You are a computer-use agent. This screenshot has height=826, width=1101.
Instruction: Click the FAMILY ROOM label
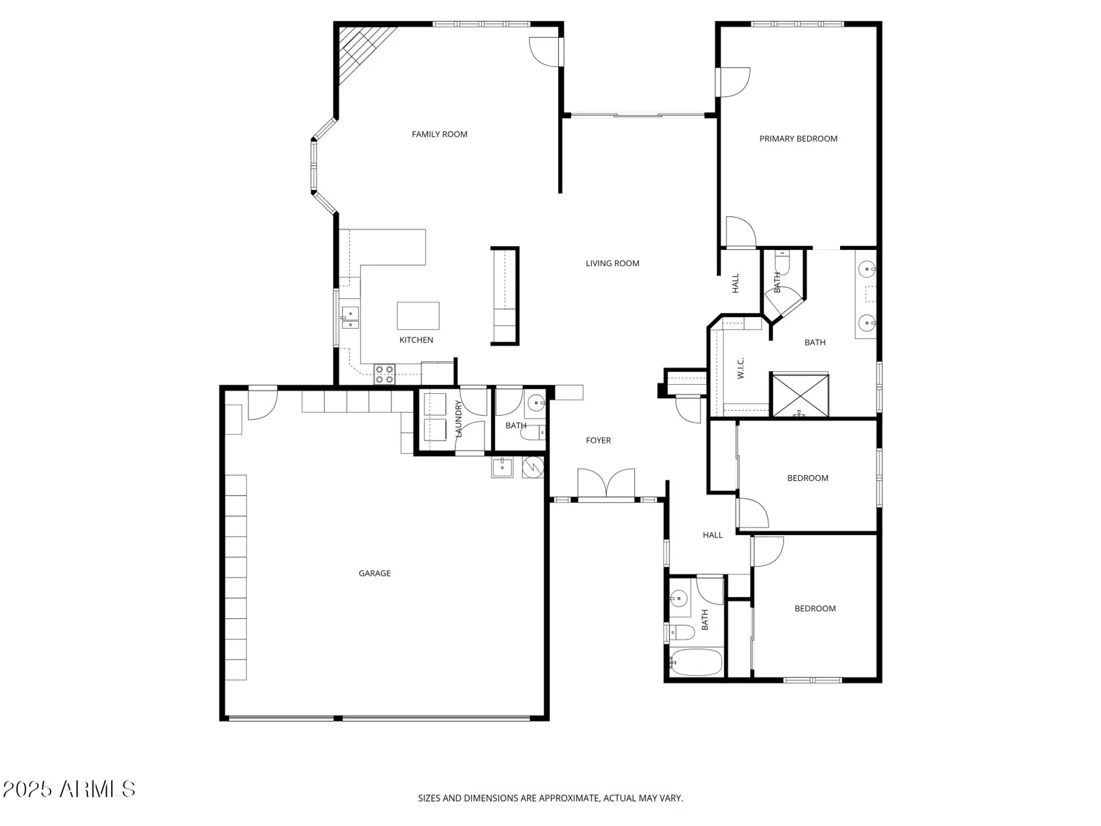(439, 134)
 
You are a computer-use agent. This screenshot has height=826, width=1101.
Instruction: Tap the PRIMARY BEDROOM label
(798, 139)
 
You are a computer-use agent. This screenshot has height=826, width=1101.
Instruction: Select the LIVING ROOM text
(612, 263)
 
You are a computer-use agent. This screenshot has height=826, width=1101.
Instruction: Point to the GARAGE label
(374, 573)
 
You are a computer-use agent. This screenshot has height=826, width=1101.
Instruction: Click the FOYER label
(598, 441)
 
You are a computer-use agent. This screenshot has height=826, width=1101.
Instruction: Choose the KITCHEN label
(416, 340)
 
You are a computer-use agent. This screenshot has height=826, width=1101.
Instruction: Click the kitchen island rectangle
(418, 316)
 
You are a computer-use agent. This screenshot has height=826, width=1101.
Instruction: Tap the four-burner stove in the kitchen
(384, 374)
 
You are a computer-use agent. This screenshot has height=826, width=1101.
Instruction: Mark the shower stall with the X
(800, 395)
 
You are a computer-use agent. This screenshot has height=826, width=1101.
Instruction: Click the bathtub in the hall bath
(696, 662)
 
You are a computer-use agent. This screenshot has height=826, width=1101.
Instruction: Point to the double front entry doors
(606, 485)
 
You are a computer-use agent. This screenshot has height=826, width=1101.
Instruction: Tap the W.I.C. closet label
(740, 368)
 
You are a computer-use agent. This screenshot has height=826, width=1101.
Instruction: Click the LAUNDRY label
(459, 419)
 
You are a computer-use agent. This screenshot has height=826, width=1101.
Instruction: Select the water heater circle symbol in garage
(533, 467)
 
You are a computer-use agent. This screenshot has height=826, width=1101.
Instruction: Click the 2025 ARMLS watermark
(69, 789)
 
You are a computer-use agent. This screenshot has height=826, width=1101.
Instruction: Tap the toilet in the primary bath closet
(782, 263)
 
